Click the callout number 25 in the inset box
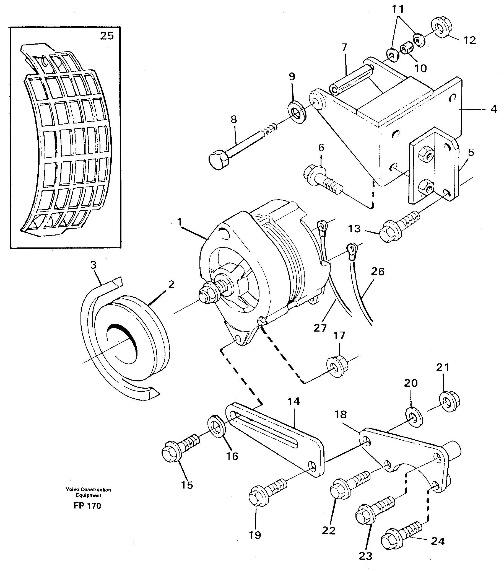[107, 36]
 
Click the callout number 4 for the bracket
[494, 109]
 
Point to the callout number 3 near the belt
[93, 265]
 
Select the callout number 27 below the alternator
[320, 328]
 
